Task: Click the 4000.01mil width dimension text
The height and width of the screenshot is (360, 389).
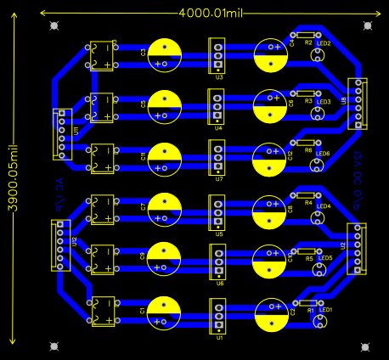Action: pos(210,13)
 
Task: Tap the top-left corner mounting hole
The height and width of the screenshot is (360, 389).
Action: pos(55,26)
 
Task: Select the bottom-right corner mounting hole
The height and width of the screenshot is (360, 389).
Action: pos(366,346)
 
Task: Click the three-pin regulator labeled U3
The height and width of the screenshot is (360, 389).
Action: pos(218,56)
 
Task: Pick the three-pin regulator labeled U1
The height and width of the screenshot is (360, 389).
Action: pos(219,317)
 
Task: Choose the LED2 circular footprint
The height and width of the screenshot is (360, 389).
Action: pos(318,56)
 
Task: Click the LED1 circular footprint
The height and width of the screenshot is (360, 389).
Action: pos(319,323)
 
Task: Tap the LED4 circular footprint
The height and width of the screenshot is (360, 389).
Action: pos(318,218)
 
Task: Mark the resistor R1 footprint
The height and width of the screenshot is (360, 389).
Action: pos(307,302)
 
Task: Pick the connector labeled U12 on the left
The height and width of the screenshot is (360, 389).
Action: pos(61,245)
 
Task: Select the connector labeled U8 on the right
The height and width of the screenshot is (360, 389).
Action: pos(358,104)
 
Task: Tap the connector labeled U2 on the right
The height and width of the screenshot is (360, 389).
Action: pos(357,249)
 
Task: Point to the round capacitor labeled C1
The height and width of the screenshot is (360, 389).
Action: pos(165,312)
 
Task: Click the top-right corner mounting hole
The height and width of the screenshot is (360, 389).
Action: pos(366,26)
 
